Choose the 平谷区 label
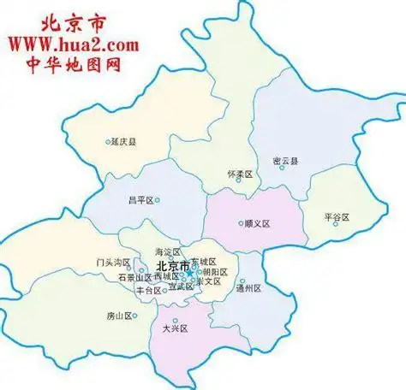[x=337, y=217]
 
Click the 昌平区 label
[x=140, y=201]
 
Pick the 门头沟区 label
[x=112, y=263]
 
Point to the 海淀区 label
[x=168, y=252]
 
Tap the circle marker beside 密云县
[x=282, y=168]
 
